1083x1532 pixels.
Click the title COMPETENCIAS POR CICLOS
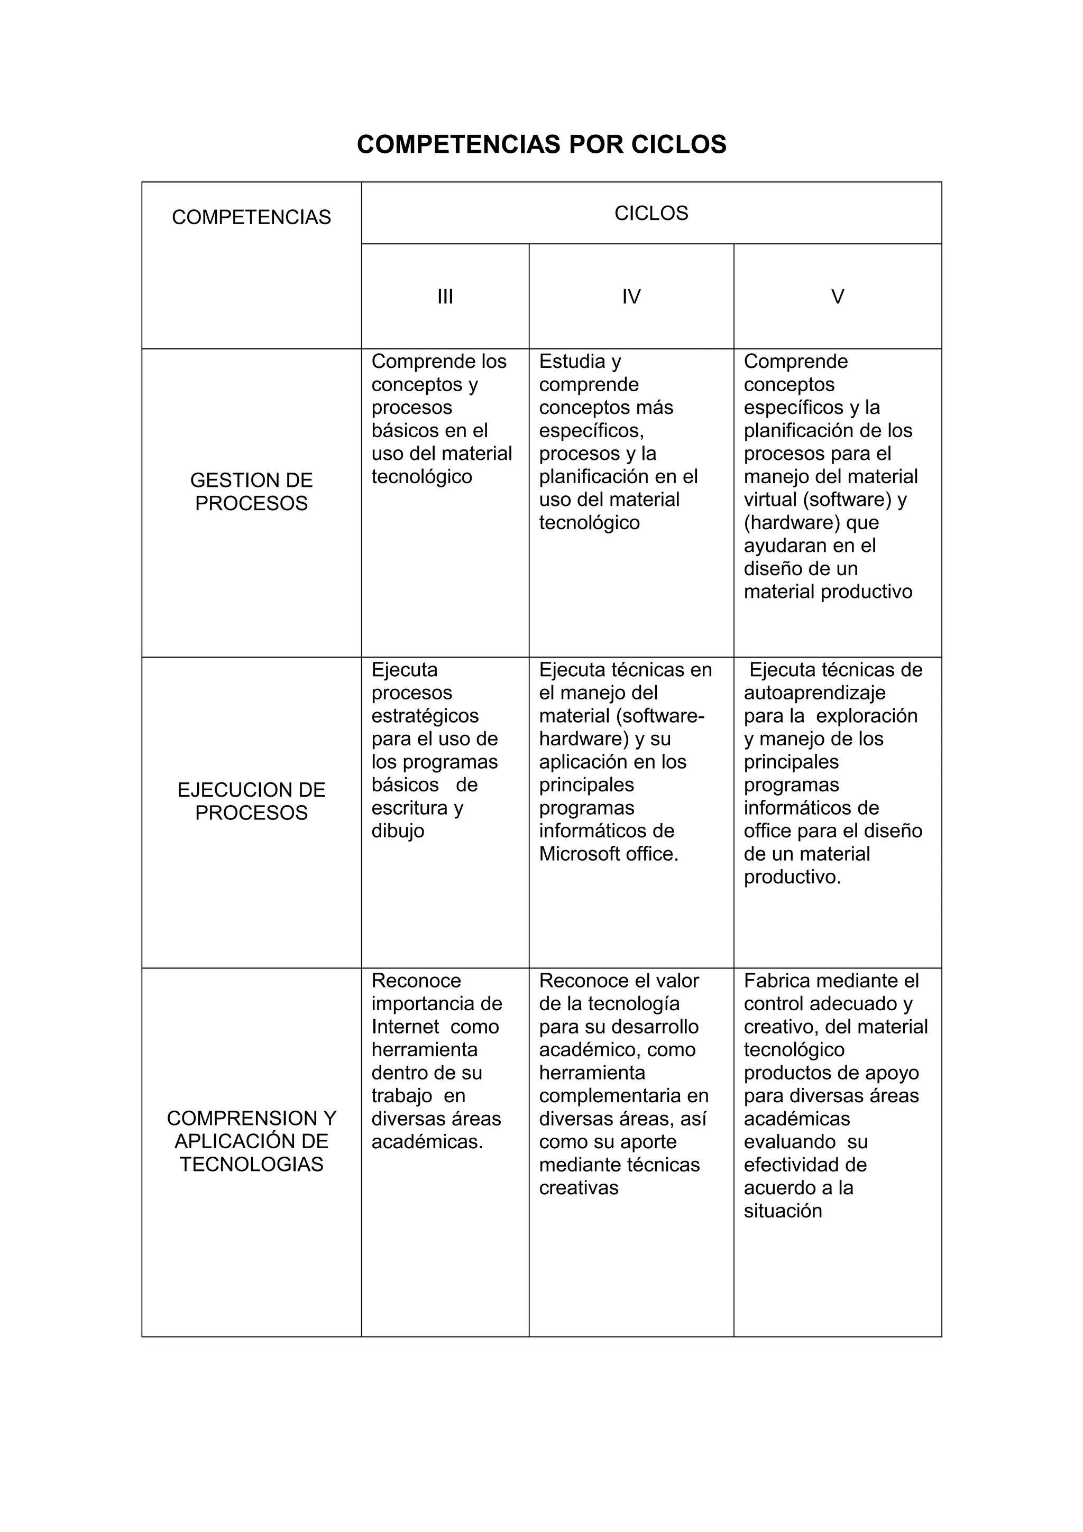[541, 145]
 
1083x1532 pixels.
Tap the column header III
[445, 297]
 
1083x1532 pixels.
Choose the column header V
[838, 297]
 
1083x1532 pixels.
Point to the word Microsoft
[579, 854]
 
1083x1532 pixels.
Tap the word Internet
[405, 1027]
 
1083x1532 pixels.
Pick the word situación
[782, 1211]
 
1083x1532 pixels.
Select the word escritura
[409, 808]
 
